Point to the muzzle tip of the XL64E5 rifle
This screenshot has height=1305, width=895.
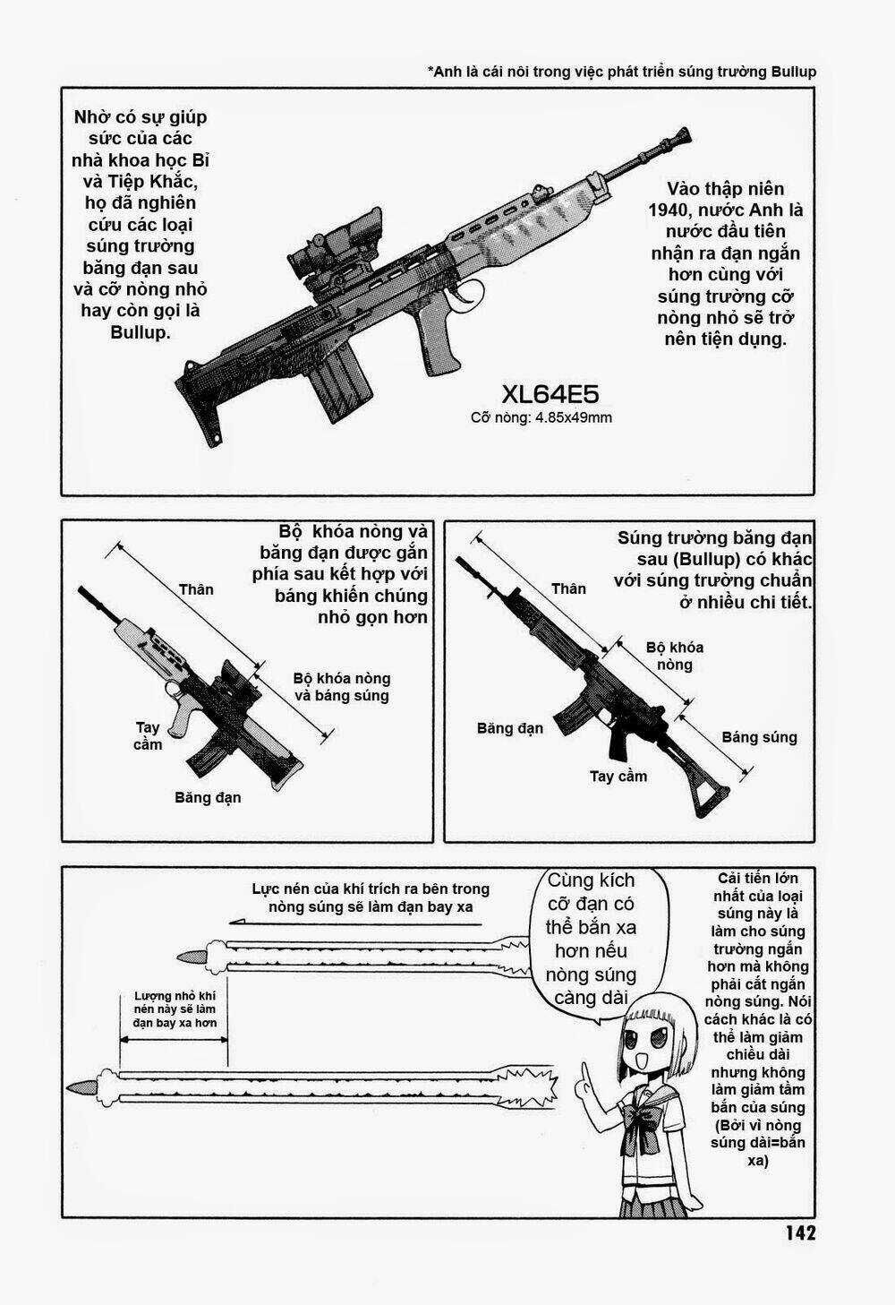(x=686, y=135)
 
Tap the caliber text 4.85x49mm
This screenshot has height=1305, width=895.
(x=573, y=417)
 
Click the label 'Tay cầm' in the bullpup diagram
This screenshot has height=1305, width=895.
(x=149, y=735)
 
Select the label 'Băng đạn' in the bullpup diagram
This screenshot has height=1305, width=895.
(x=208, y=796)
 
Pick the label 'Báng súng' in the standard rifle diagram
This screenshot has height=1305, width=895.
(x=759, y=737)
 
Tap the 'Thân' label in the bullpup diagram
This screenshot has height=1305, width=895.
(x=196, y=588)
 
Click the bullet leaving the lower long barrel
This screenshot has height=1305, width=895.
(x=82, y=1086)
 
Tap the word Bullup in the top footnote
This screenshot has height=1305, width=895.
(x=793, y=72)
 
